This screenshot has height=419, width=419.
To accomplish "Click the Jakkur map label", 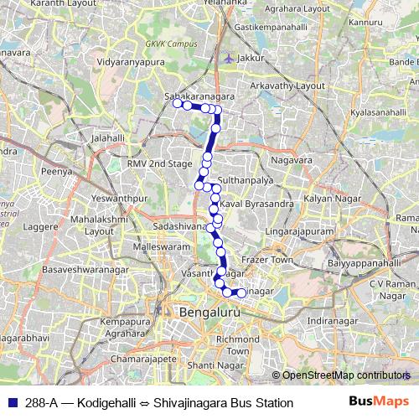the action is [251, 59].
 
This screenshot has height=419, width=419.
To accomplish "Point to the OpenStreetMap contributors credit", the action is [344, 375].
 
